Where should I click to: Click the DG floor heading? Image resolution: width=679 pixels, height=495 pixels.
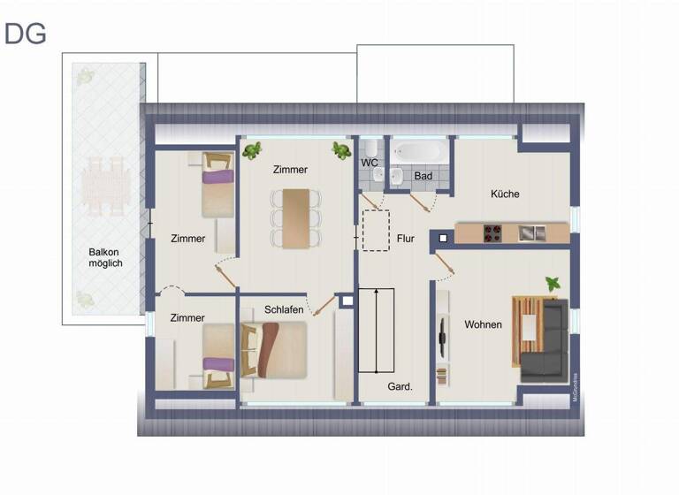point(26,34)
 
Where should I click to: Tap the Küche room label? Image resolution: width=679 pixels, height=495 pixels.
point(505,194)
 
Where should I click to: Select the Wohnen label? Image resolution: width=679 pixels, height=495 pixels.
point(483,324)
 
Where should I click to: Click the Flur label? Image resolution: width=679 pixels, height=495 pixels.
point(406,239)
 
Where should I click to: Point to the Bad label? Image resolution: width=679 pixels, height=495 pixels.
point(423,176)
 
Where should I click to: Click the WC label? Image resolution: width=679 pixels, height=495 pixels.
point(370,163)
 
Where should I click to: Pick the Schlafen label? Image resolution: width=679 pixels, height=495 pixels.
point(284,309)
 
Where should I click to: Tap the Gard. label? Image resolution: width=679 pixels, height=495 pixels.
point(401,386)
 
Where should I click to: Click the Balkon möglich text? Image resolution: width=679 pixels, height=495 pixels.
point(105,257)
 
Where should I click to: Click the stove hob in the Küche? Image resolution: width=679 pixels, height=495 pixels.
point(492,233)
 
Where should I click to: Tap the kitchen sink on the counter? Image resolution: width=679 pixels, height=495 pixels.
point(532,233)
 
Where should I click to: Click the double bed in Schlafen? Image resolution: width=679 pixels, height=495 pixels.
point(273,348)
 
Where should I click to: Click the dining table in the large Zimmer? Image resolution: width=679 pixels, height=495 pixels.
point(296,217)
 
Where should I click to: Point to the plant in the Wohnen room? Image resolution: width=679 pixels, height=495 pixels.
point(553,284)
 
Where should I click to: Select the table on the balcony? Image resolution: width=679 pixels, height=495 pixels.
point(105,186)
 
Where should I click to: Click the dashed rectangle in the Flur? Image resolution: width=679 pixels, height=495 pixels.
point(376,230)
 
